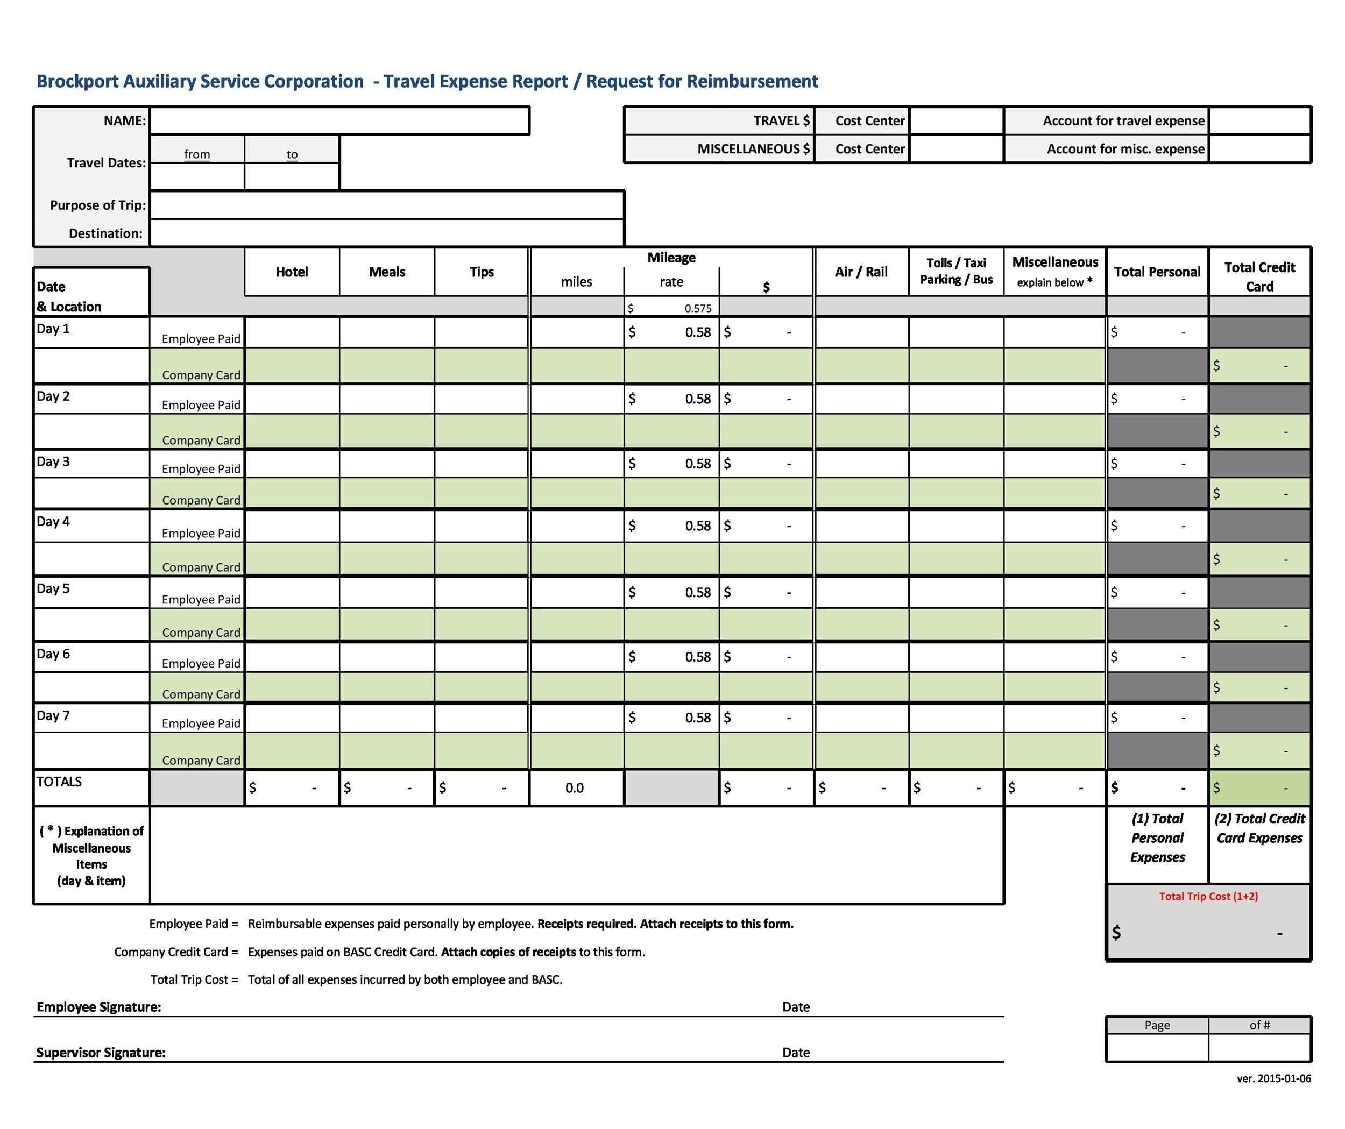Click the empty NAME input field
point(339,121)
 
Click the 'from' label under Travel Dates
point(196,154)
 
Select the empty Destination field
point(386,233)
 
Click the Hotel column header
point(292,272)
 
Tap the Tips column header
point(481,272)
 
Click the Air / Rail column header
point(861,272)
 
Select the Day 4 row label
point(53,522)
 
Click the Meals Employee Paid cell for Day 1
point(386,332)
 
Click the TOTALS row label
point(59,782)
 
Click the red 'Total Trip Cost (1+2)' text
point(1208,897)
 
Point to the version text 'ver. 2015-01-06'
point(1273,1079)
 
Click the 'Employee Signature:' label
point(98,1007)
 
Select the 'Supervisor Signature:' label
point(101,1053)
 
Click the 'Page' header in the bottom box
point(1157,1025)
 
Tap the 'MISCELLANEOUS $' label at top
point(753,149)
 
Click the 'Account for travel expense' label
point(1123,121)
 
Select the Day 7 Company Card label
point(201,761)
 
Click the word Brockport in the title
point(77,81)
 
